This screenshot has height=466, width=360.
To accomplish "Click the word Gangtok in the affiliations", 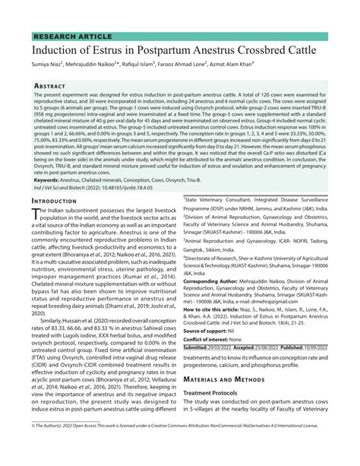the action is [197, 247].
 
